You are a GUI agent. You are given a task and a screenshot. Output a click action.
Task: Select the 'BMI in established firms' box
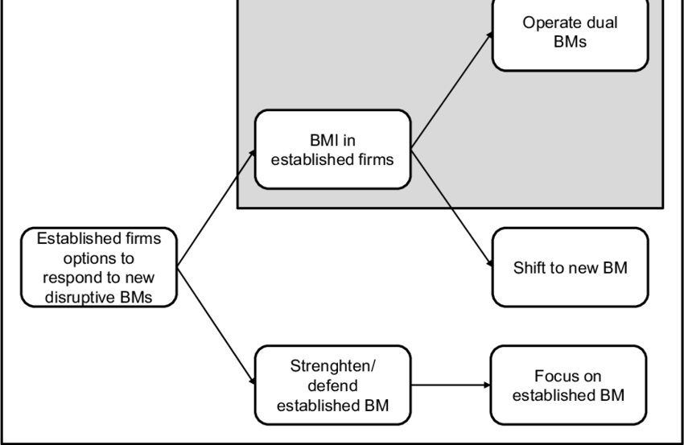332,150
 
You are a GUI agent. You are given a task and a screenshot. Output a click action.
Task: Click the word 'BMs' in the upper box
570,41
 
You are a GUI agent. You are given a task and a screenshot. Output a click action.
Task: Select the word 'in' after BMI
349,141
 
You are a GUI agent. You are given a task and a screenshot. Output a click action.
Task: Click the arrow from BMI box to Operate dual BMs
452,90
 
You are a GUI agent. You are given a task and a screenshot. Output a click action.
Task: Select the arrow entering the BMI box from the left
246,161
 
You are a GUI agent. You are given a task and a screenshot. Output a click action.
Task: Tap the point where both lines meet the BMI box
411,149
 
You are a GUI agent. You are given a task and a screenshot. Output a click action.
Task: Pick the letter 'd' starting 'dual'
589,23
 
